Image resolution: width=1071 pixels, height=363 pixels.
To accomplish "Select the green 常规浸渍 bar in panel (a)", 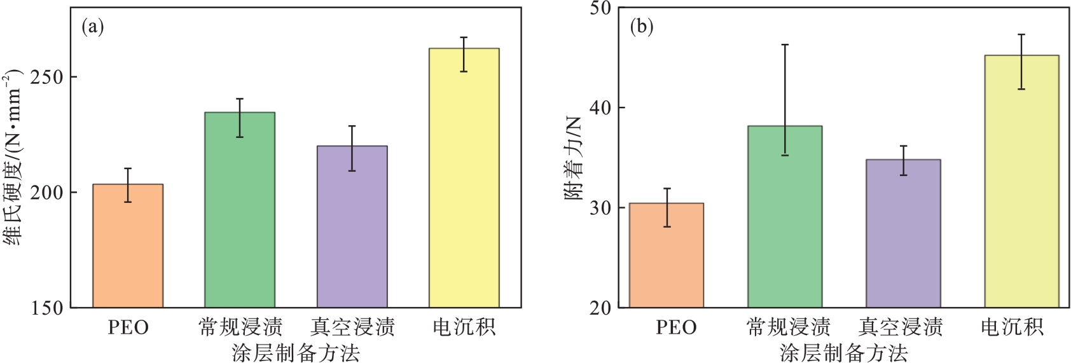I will click(x=240, y=210).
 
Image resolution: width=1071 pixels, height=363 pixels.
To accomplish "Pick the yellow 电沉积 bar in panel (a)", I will click(x=464, y=178).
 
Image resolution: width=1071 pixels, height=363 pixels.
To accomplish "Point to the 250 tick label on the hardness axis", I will click(x=47, y=77).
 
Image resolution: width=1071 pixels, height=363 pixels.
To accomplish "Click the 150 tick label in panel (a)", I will click(x=47, y=308).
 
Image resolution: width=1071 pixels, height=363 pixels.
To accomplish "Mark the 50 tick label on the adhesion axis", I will click(x=600, y=8).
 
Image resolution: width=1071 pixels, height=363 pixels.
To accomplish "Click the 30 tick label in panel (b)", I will click(x=600, y=208).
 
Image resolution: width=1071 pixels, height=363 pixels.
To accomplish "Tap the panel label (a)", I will click(x=93, y=27).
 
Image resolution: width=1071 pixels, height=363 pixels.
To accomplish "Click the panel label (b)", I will click(x=641, y=27).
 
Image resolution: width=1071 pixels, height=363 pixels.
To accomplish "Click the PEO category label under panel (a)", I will click(x=128, y=327).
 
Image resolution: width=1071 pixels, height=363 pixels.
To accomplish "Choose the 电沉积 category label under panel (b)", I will click(x=1012, y=327).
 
